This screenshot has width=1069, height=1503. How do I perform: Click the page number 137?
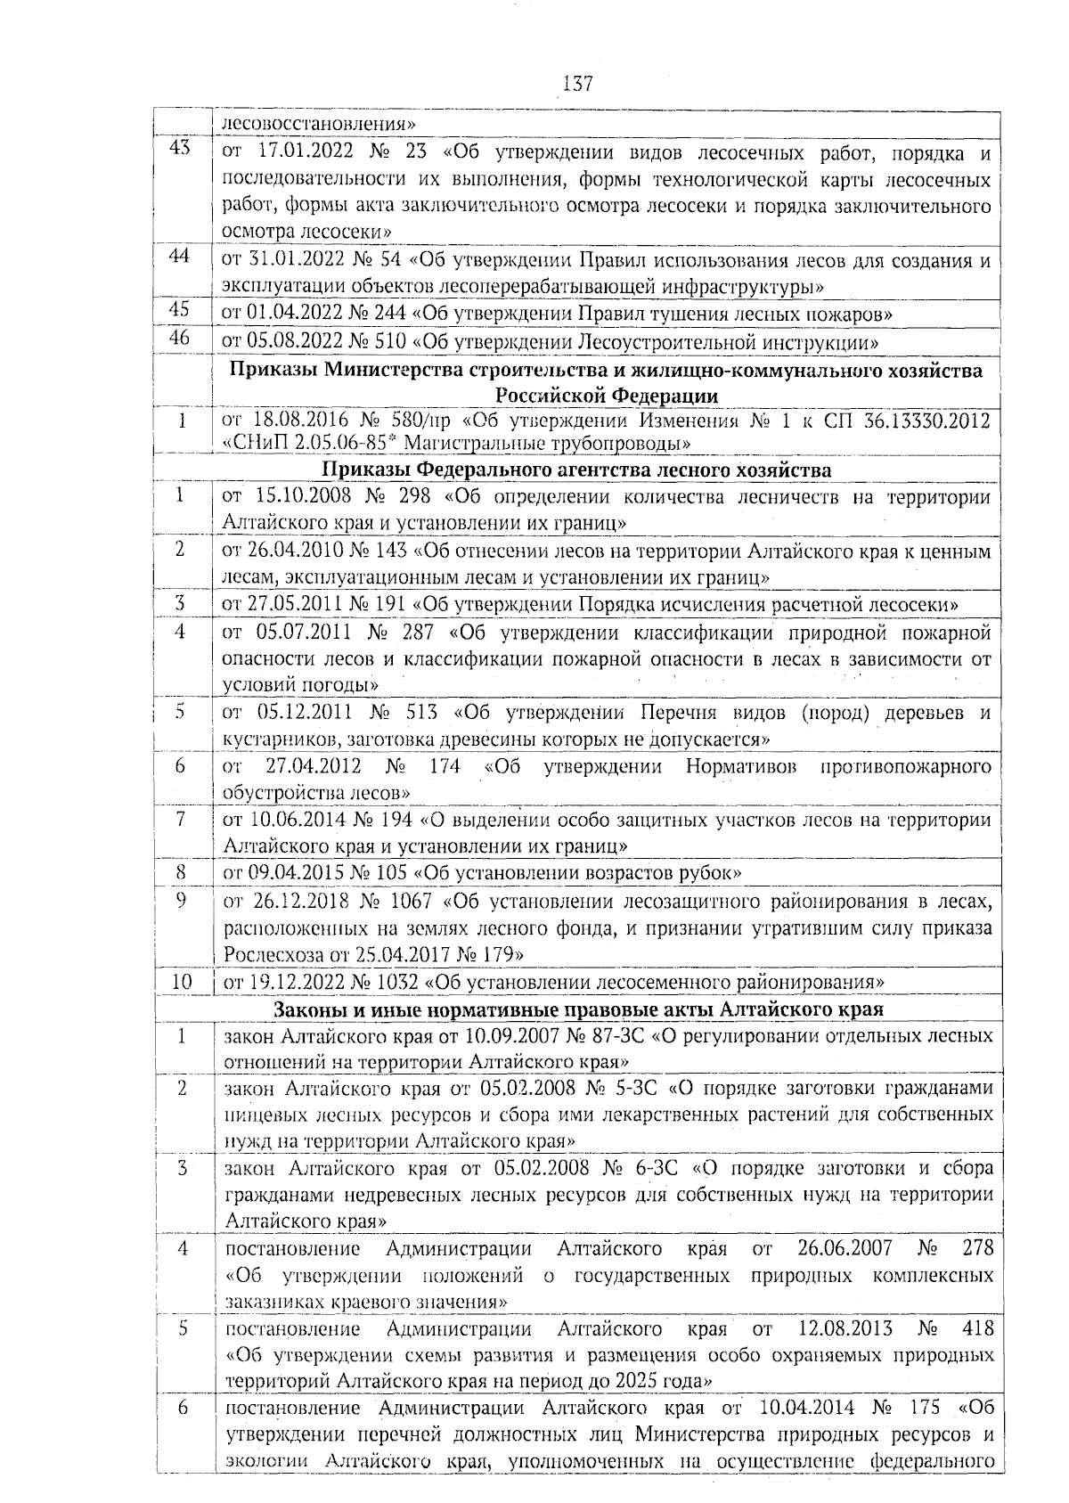pos(578,84)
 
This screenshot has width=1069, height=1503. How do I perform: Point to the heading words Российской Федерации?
pos(607,396)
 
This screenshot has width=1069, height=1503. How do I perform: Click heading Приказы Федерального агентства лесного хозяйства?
pos(576,470)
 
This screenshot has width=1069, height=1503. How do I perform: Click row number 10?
pos(181,982)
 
